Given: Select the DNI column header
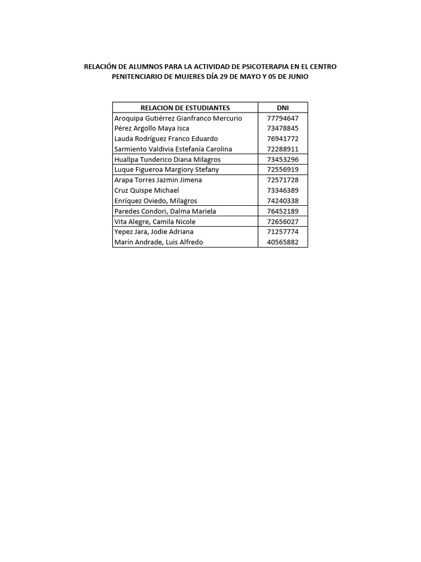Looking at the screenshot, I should click(x=283, y=108).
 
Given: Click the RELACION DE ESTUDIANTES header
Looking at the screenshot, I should click(x=185, y=108).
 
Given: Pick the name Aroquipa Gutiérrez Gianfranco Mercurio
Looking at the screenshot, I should click(x=178, y=118).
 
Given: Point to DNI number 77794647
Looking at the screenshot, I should click(x=283, y=118).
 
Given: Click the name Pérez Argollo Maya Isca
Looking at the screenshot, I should click(x=151, y=128).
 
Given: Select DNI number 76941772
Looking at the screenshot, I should click(x=283, y=139).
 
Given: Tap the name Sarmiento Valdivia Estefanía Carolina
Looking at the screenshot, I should click(x=173, y=149).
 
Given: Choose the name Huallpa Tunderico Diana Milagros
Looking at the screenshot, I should click(x=167, y=159).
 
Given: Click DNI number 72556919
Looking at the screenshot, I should click(x=283, y=170).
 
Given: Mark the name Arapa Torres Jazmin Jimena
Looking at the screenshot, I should click(x=158, y=180).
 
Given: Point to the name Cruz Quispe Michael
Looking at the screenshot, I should click(x=146, y=190).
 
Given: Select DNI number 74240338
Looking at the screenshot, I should click(x=283, y=201).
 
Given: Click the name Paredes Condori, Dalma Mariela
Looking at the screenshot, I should click(x=165, y=211).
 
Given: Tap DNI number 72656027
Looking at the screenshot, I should click(x=283, y=222).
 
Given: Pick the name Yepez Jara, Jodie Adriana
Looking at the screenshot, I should click(x=153, y=232).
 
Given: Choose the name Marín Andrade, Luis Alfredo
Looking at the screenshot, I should click(x=158, y=242).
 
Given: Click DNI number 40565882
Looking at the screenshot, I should click(x=283, y=242).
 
